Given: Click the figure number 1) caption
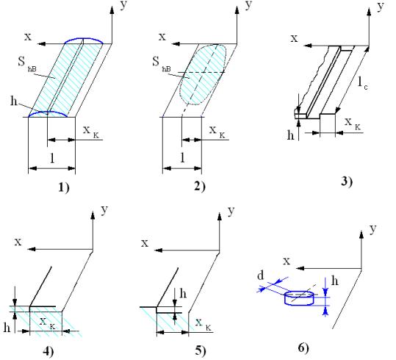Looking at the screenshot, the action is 64,187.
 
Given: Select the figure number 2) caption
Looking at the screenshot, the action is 200,187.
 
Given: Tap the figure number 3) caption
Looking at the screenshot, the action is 347,181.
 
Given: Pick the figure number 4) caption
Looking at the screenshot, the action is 48,351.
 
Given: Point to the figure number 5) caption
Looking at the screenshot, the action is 201,350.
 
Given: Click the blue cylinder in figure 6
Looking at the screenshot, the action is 299,298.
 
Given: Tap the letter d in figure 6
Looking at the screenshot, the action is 260,276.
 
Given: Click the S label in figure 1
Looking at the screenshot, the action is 21,62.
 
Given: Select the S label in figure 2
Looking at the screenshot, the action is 156,62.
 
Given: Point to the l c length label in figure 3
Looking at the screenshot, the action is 363,82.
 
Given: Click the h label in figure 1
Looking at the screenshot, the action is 14,101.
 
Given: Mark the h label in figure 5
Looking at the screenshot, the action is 183,294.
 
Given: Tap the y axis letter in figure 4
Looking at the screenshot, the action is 104,209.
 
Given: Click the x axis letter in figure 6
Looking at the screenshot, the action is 287,261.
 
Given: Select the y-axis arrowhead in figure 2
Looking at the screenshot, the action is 237,10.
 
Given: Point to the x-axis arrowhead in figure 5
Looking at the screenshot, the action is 158,251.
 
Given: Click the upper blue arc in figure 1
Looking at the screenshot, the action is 84,39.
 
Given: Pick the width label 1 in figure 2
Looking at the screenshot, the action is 183,158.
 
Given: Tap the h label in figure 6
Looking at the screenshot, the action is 334,281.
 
